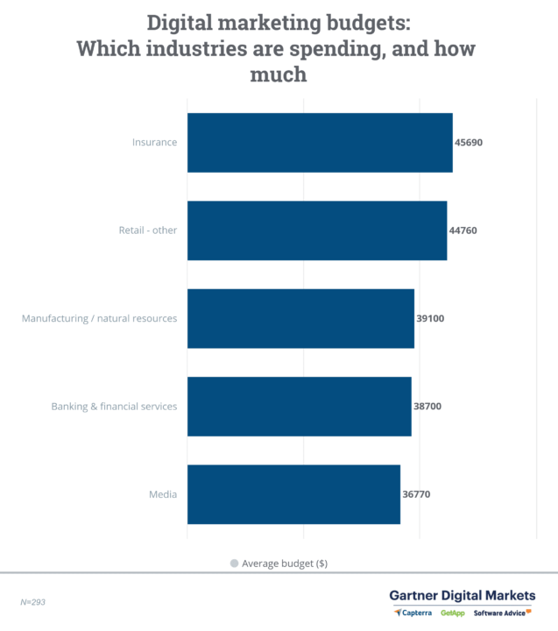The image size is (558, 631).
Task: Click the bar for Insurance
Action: pyautogui.click(x=320, y=143)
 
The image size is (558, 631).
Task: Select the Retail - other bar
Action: pyautogui.click(x=317, y=230)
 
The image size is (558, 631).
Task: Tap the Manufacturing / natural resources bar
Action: pyautogui.click(x=300, y=318)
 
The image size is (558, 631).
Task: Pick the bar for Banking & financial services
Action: pyautogui.click(x=299, y=407)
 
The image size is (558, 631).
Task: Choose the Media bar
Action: pyautogui.click(x=293, y=494)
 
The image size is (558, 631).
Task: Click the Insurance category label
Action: pyautogui.click(x=154, y=143)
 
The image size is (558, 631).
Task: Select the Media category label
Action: pyautogui.click(x=163, y=494)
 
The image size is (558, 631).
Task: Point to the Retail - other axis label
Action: pyautogui.click(x=148, y=230)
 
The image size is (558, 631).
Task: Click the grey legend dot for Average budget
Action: pyautogui.click(x=234, y=564)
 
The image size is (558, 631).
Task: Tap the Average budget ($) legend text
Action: pyautogui.click(x=285, y=564)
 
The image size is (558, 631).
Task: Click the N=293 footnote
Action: pyautogui.click(x=34, y=603)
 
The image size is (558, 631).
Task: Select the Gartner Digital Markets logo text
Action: pyautogui.click(x=462, y=595)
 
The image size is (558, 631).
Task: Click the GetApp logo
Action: pyautogui.click(x=453, y=613)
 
